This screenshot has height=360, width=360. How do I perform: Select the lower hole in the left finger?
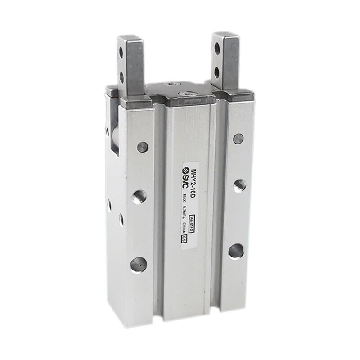point(121,77)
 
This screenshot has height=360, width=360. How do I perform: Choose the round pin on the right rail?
point(239,138)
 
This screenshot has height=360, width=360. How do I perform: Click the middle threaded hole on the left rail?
point(139,197)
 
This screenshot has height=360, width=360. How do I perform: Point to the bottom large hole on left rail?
point(138,264)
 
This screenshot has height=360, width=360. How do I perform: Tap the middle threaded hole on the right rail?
point(239,185)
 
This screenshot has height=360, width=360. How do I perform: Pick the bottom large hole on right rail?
point(236,251)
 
